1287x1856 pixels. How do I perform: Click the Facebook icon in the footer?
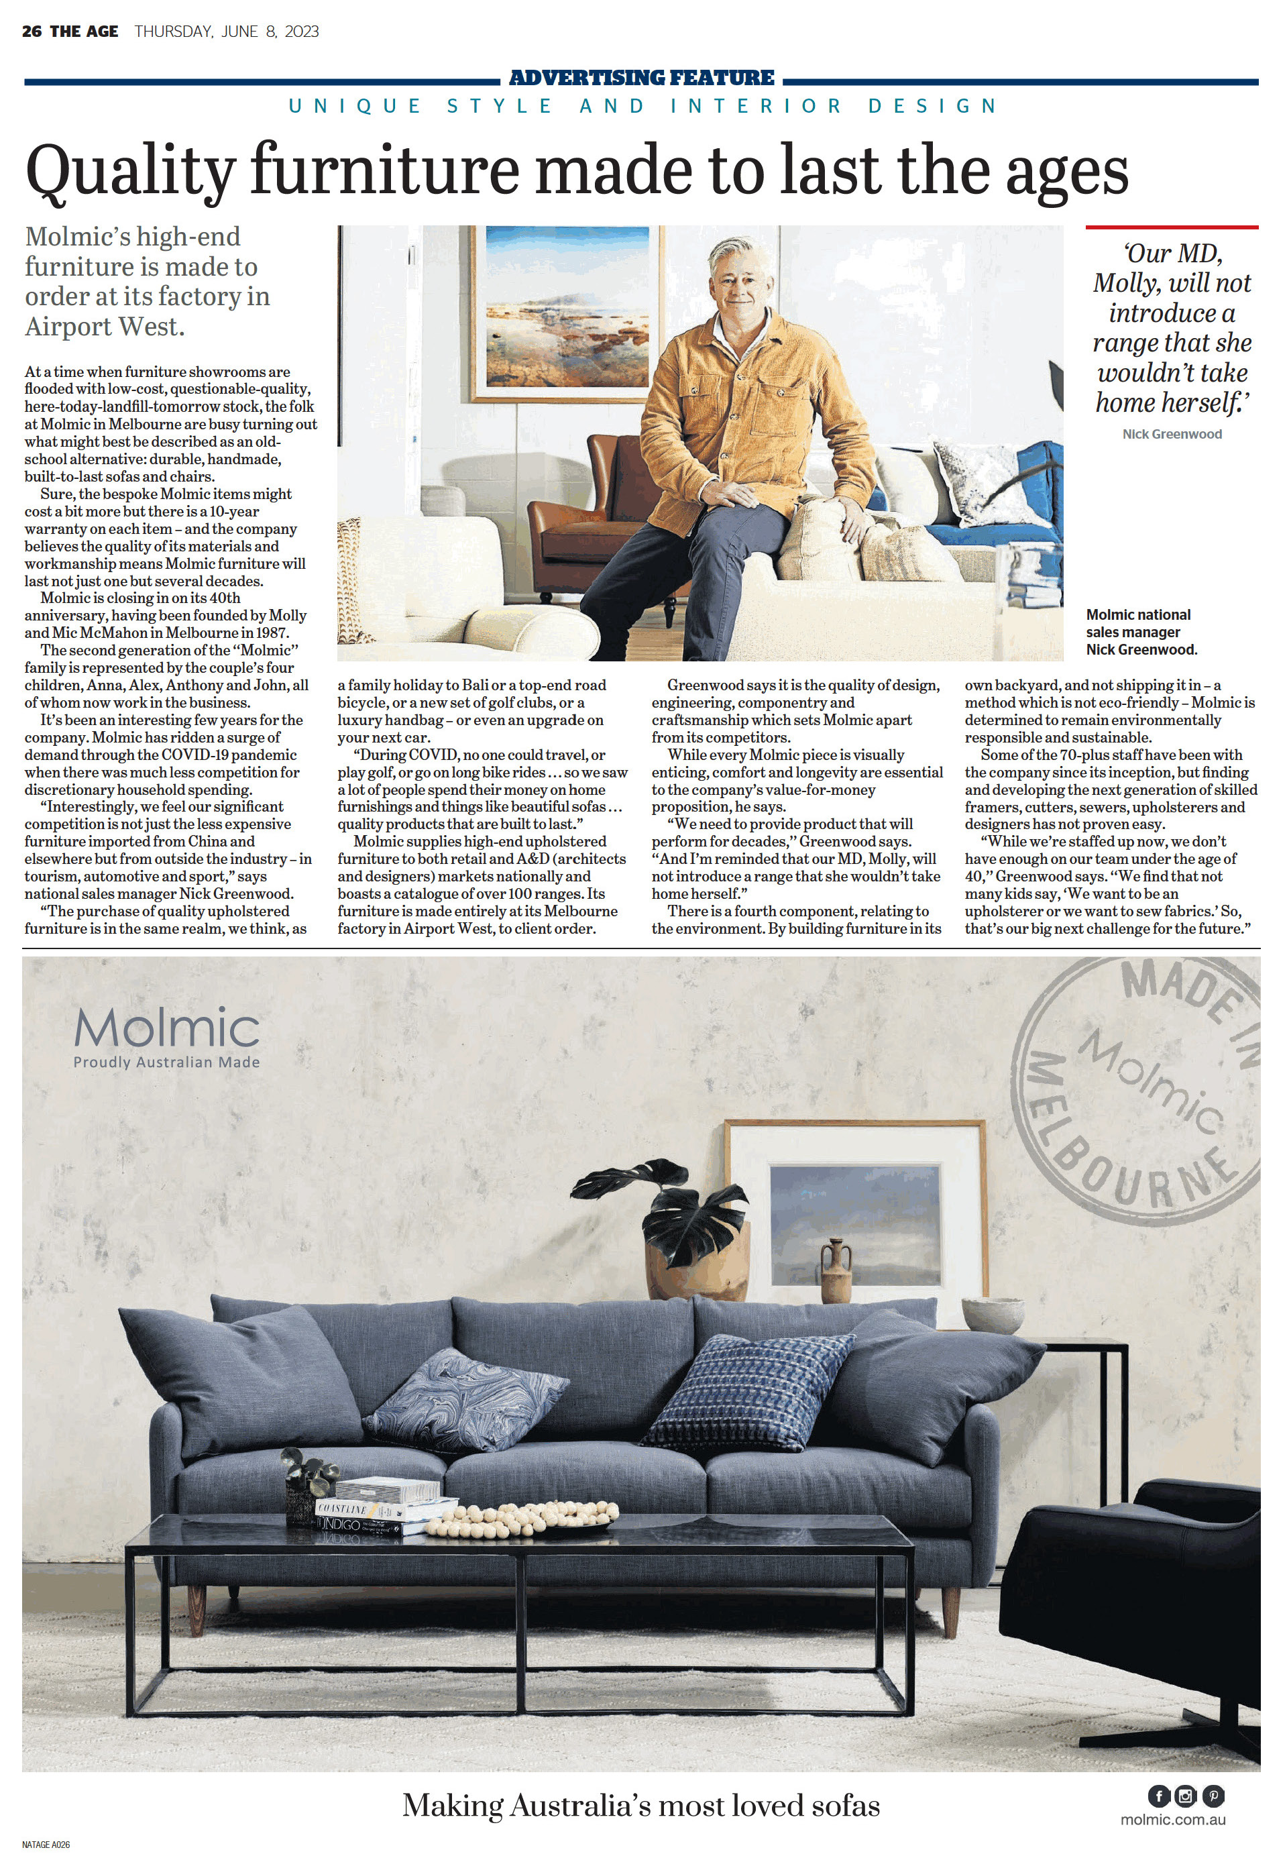[x=1159, y=1796]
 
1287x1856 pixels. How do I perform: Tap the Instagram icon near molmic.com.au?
[x=1186, y=1796]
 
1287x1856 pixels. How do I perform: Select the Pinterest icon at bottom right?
[x=1213, y=1796]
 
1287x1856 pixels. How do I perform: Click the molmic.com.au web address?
[x=1172, y=1820]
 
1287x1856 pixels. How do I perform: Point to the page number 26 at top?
[x=32, y=32]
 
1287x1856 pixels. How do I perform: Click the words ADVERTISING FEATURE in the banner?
[x=641, y=78]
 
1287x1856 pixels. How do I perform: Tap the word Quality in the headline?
[x=129, y=172]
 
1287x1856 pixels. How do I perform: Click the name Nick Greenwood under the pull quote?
[x=1172, y=434]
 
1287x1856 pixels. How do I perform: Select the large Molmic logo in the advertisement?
[x=167, y=1028]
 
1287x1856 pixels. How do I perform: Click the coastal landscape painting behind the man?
[x=567, y=310]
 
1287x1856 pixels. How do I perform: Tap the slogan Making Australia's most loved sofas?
[x=641, y=1805]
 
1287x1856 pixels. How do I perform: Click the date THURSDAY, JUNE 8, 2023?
[x=227, y=32]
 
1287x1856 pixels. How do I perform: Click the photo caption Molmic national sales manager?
[x=1141, y=632]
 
